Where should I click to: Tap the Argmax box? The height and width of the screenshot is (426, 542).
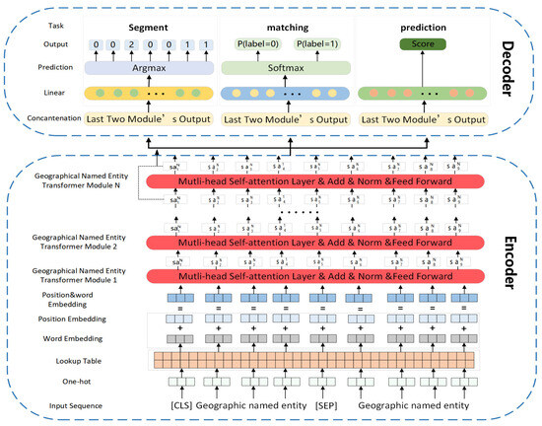tap(145, 70)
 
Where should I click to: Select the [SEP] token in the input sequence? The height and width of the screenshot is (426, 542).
tap(325, 405)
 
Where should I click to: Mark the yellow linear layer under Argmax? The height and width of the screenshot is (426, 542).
tap(145, 95)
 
